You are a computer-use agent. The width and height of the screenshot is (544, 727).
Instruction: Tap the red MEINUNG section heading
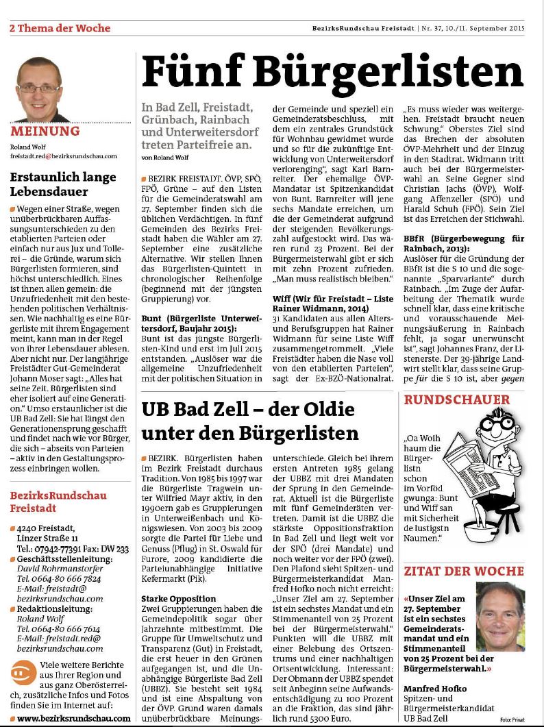click(x=45, y=131)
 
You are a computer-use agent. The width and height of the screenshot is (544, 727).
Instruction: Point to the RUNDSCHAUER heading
click(x=456, y=399)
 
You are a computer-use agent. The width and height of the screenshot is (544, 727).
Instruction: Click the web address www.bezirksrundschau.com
click(x=73, y=717)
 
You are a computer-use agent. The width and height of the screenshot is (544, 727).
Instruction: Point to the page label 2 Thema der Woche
click(x=60, y=28)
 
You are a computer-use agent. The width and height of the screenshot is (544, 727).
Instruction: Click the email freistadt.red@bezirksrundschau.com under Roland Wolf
click(x=63, y=156)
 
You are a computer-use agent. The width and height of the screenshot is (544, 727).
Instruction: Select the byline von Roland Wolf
click(x=164, y=158)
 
